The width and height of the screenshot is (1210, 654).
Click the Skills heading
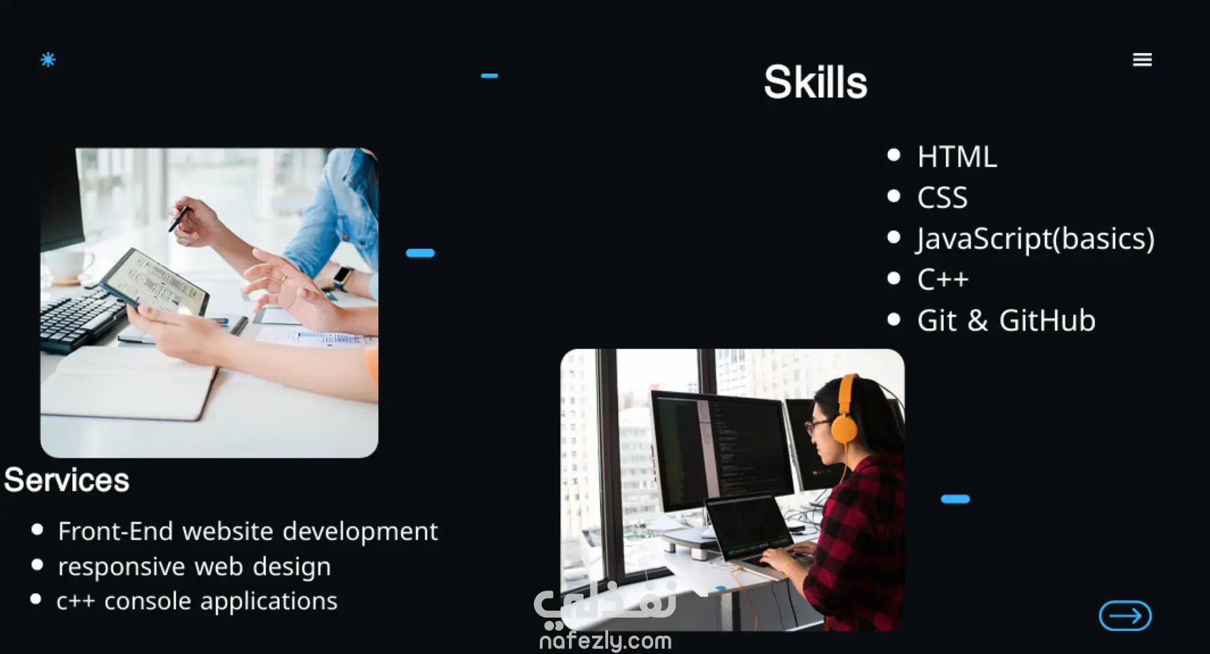816,82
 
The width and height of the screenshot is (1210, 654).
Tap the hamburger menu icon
1142,60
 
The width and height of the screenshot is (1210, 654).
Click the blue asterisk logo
48,59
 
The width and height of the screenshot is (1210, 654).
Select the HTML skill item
957,157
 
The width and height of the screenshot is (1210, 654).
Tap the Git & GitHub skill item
1006,321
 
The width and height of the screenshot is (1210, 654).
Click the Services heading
67,480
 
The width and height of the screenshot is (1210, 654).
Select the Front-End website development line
248,531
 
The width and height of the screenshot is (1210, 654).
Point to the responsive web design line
194,567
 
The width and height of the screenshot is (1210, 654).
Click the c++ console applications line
197,601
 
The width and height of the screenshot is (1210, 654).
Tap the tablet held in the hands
154,283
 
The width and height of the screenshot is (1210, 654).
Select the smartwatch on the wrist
343,277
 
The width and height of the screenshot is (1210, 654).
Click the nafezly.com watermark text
605,640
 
